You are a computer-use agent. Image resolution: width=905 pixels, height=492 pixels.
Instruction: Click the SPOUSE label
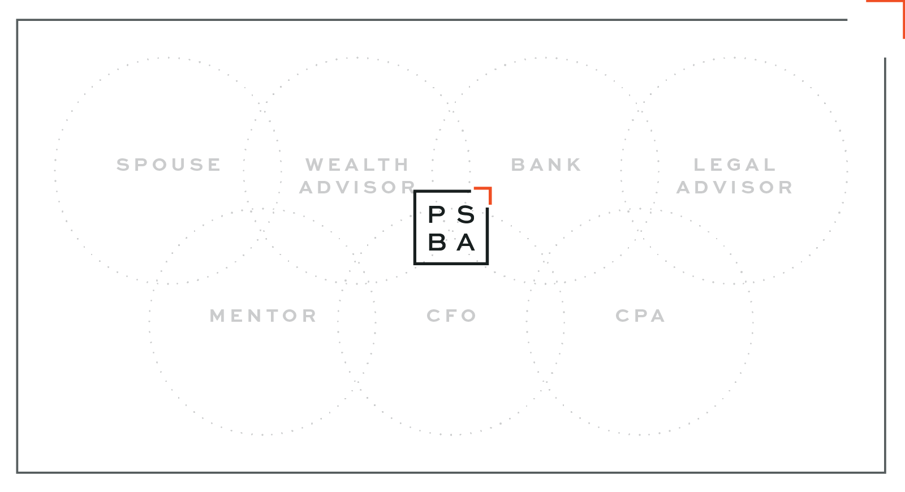coord(169,165)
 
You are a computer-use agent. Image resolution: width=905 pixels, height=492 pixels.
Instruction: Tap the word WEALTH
coord(357,165)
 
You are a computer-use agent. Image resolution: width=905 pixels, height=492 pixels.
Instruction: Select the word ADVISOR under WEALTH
coord(357,187)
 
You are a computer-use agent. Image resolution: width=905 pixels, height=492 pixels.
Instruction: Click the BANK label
coord(546,165)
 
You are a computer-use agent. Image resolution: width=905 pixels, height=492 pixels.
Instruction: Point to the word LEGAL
coord(735,165)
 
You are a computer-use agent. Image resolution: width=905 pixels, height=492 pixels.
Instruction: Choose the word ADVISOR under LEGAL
coord(735,187)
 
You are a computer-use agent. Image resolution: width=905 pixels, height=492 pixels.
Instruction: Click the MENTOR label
coord(264,316)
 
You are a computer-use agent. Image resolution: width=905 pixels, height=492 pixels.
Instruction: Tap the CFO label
coord(451,316)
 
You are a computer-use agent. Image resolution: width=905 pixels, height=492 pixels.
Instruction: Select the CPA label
coord(640,316)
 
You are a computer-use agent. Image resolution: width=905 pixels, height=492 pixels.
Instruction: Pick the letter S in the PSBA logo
coord(466,215)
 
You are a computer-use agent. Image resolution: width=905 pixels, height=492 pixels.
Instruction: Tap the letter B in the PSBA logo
coord(437,243)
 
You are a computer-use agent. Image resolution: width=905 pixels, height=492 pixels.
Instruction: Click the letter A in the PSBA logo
coord(466,243)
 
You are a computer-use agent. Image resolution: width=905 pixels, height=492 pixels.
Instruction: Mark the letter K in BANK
coord(575,165)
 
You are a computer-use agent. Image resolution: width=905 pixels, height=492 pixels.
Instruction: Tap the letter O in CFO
coord(470,316)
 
